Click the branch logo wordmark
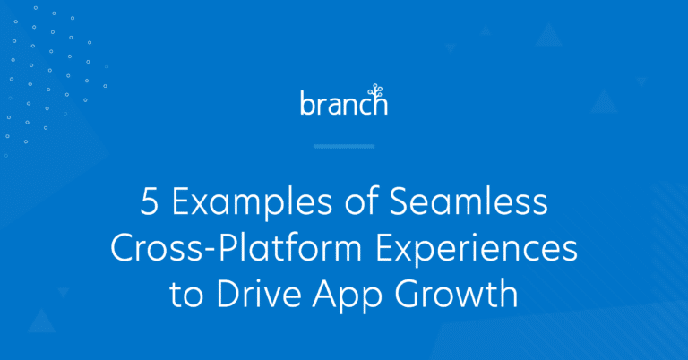343,104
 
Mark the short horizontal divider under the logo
344,146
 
